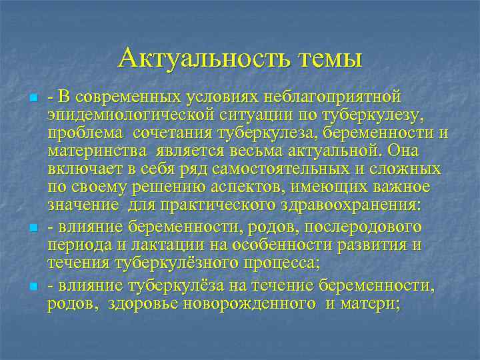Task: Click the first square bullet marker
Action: click(x=33, y=99)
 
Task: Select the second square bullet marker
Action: click(x=33, y=229)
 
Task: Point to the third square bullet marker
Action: click(x=33, y=287)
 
